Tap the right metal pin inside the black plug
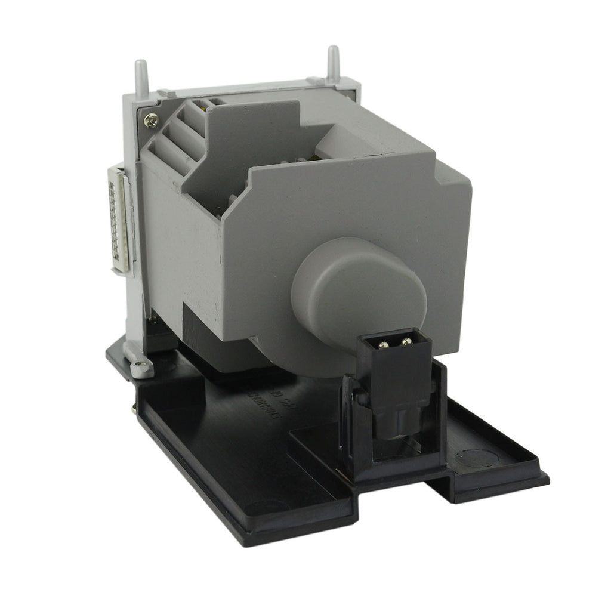pos(407,342)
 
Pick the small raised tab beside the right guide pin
pos(315,79)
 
